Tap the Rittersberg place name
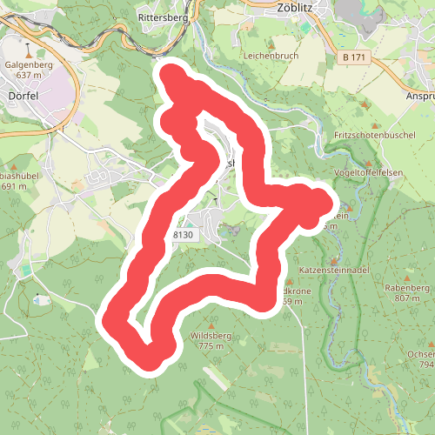coord(162,17)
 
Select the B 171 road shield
coord(356,57)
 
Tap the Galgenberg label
coord(30,64)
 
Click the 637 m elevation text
coord(30,75)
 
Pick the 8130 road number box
coord(184,236)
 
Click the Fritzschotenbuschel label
coord(376,137)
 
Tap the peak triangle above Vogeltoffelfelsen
coord(370,163)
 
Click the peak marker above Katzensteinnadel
coord(334,260)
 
